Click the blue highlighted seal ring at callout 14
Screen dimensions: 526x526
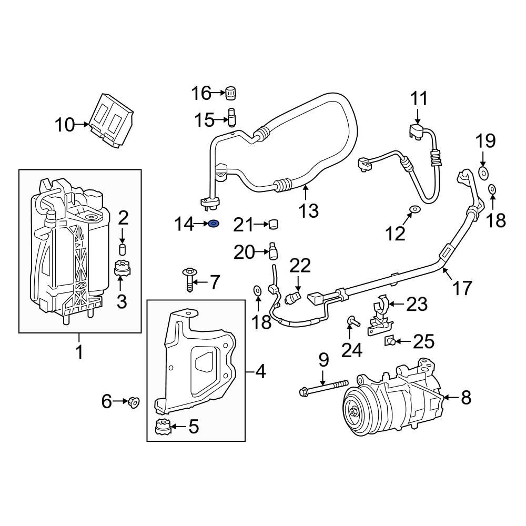214,225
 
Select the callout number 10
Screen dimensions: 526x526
66,125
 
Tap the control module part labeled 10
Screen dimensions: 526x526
112,122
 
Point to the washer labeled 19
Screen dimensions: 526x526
483,171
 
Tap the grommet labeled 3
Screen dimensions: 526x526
122,270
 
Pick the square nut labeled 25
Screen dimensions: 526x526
390,341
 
